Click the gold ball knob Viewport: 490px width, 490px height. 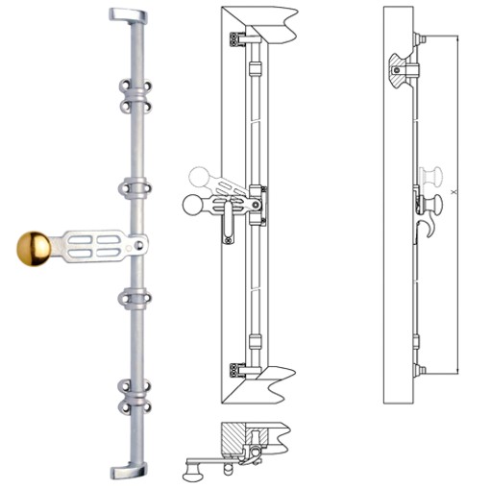pyautogui.click(x=39, y=249)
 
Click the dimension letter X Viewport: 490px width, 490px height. pyautogui.click(x=453, y=193)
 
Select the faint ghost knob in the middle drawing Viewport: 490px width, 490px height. pyautogui.click(x=201, y=178)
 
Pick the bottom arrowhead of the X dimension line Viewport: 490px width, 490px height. pyautogui.click(x=458, y=371)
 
